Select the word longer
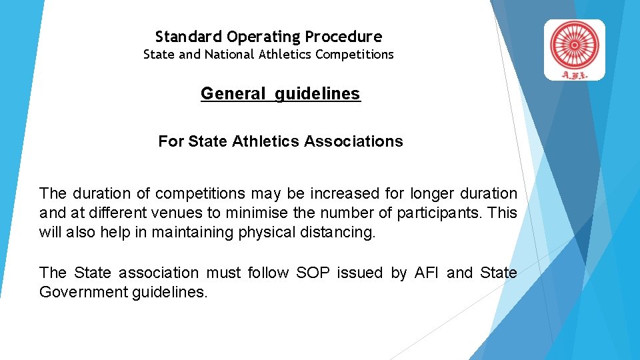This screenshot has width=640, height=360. [x=433, y=194]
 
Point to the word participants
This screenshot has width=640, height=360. [x=441, y=213]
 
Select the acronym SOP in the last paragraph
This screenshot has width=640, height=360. [x=312, y=273]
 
